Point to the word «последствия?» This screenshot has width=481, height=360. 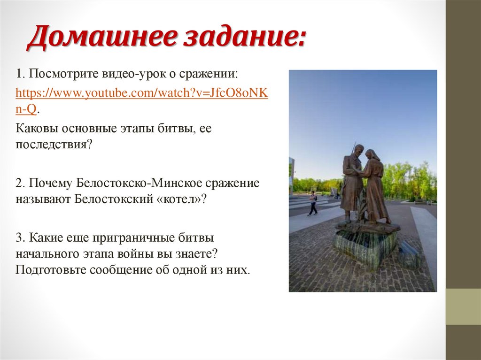[53, 144]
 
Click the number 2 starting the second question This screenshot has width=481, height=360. [18, 183]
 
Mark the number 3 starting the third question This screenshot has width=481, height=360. [18, 238]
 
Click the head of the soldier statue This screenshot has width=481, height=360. [358, 150]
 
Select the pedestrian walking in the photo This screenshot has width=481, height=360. [312, 203]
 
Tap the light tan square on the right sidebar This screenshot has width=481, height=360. [463, 306]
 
